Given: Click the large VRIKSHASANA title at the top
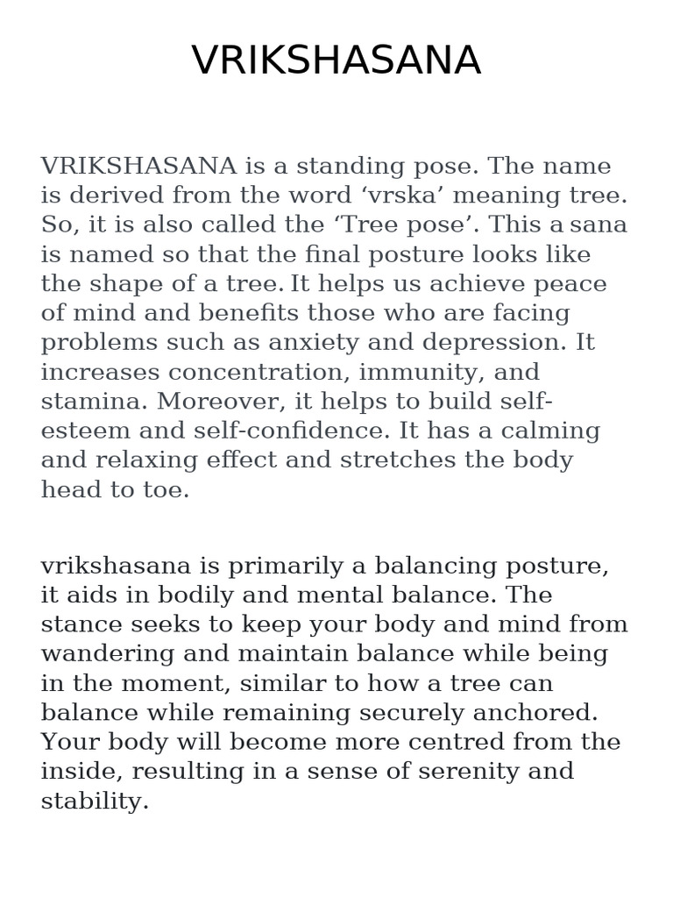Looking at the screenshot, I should tap(336, 61).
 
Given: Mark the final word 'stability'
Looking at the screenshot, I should tap(95, 802).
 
